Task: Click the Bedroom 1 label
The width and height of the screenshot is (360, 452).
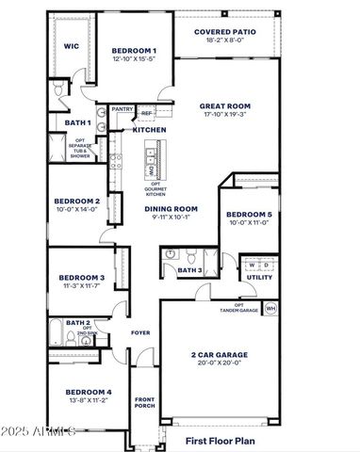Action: [x=134, y=50]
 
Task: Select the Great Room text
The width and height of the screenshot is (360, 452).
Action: [x=224, y=106]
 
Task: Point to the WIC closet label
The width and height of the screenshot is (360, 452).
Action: [x=71, y=46]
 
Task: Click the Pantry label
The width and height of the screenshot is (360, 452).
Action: [x=123, y=109]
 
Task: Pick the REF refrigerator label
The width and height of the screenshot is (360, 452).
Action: [x=146, y=113]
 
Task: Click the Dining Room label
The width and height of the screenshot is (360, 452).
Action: [x=172, y=208]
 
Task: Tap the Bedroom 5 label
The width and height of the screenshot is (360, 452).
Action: [x=249, y=216]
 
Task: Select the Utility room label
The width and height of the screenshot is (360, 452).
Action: [x=259, y=277]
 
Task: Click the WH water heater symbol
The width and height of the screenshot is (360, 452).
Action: [x=270, y=308]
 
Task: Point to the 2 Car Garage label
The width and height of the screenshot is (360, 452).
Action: [x=220, y=354]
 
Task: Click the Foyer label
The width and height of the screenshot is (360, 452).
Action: [x=140, y=332]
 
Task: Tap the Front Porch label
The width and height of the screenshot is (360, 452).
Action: [x=144, y=403]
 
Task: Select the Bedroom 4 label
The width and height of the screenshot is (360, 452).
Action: [x=89, y=392]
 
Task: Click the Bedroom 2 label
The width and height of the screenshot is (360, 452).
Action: [x=77, y=201]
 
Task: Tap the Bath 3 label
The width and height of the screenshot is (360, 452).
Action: [x=189, y=270]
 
